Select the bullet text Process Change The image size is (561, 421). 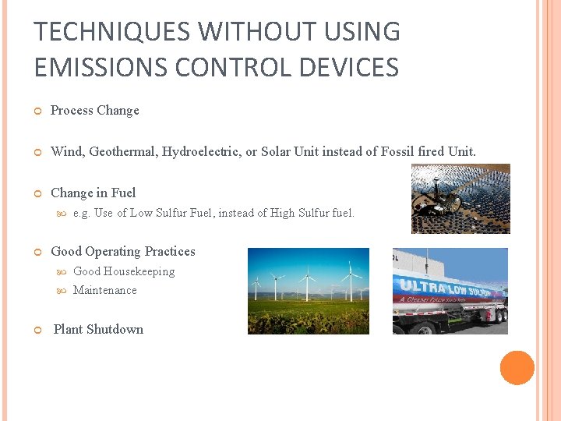click(94, 111)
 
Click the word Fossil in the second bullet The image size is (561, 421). click(400, 152)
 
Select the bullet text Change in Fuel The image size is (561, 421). click(93, 193)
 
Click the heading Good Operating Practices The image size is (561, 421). click(122, 252)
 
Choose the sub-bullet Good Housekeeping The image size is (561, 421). click(123, 271)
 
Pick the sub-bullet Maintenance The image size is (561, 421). click(104, 290)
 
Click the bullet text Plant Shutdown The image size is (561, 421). click(98, 330)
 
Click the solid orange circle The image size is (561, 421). click(517, 368)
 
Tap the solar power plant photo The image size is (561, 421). click(460, 199)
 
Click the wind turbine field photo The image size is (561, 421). click(308, 291)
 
